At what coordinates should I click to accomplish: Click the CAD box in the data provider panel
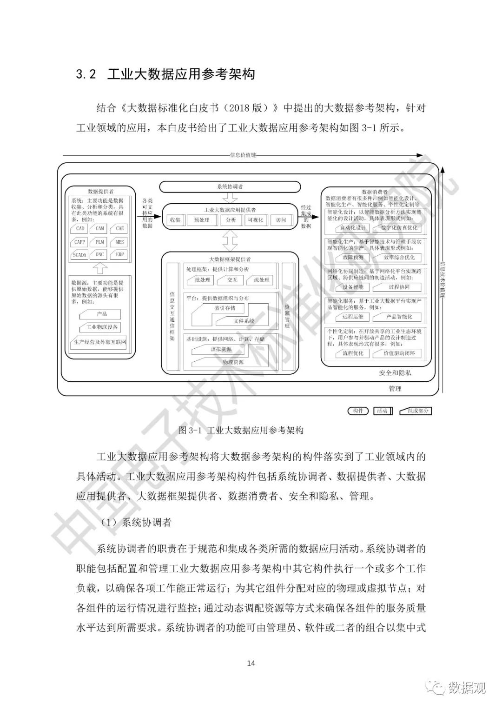coord(80,228)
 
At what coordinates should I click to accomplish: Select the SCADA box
coord(80,255)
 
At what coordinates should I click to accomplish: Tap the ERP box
coord(120,255)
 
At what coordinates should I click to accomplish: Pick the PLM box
coord(100,242)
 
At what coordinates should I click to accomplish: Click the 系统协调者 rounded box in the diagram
coord(230,186)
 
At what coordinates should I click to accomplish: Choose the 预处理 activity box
coord(202,220)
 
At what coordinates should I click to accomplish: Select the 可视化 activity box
coord(255,220)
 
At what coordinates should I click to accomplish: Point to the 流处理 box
coord(262,280)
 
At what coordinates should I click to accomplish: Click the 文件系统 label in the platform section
coord(244,321)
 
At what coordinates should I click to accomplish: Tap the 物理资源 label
coord(233,362)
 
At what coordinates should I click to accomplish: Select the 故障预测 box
coord(353,257)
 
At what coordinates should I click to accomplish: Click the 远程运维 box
coord(353,317)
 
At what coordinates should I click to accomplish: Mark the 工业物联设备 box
coord(102,327)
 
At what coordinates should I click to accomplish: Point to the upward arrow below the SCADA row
coord(100,268)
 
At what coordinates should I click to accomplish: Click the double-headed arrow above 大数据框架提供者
coord(230,240)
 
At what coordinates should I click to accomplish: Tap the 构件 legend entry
coord(358,411)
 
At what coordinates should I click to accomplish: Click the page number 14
coord(251,663)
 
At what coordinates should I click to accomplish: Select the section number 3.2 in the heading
coord(86,74)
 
